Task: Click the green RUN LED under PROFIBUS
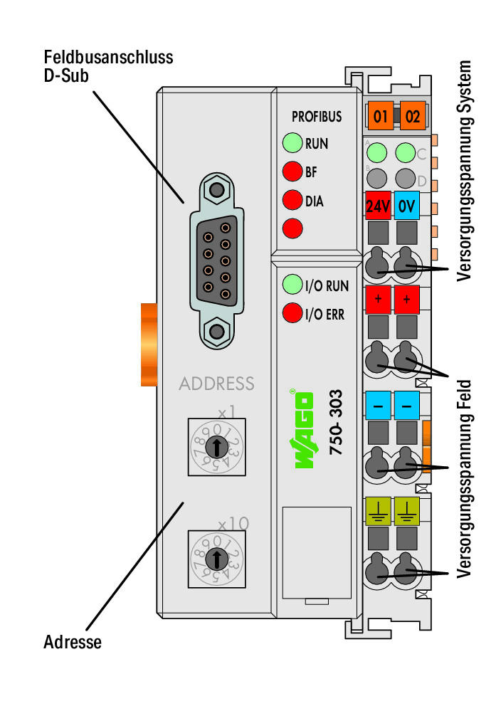click(x=292, y=143)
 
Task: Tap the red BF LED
click(x=292, y=172)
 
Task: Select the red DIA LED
click(x=292, y=200)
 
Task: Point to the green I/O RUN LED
click(x=292, y=285)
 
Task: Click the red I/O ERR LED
click(x=292, y=313)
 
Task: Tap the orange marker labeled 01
click(x=380, y=116)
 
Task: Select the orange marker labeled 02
click(x=412, y=116)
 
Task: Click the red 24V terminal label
click(x=378, y=206)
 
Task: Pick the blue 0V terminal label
click(x=406, y=206)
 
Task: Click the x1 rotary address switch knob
click(x=216, y=447)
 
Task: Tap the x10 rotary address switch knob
click(x=216, y=559)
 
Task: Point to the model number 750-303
click(x=336, y=422)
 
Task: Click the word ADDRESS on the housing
click(x=216, y=384)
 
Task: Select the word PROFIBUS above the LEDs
click(x=317, y=117)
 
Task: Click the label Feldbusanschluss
click(x=108, y=57)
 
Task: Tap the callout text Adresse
click(x=73, y=642)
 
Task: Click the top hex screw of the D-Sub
click(x=217, y=189)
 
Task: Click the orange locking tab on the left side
click(x=149, y=345)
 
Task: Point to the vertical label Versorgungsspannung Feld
click(x=463, y=479)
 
